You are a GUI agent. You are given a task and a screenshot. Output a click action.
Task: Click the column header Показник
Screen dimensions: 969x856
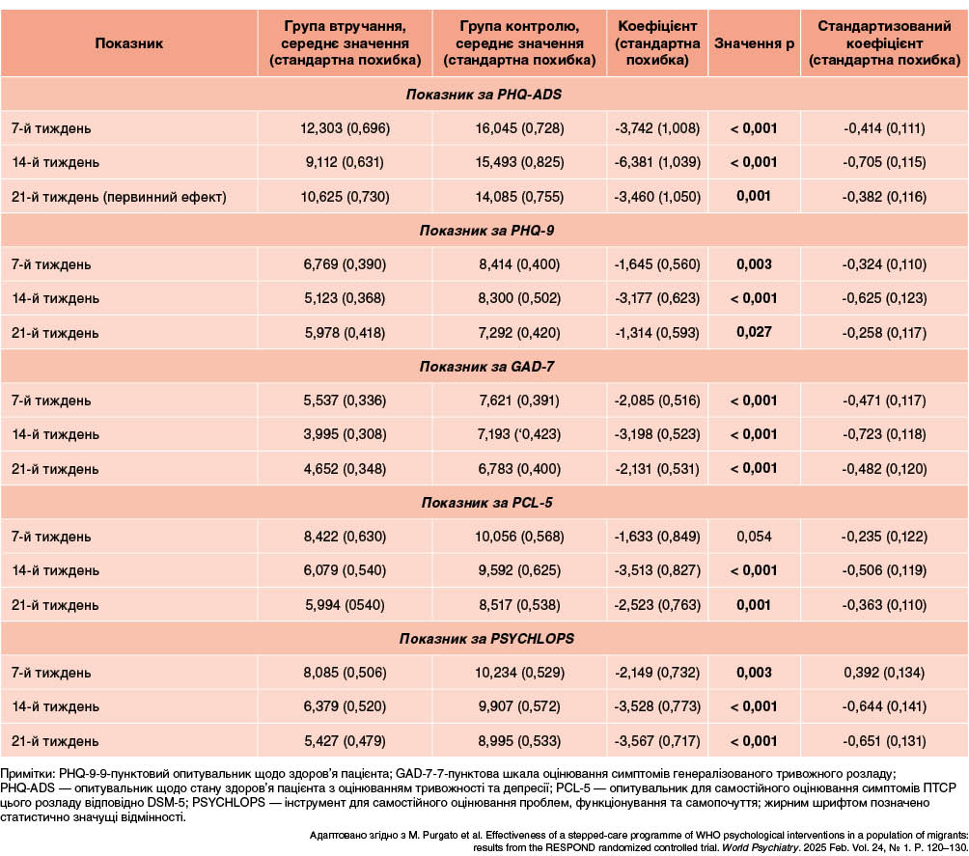pyautogui.click(x=128, y=43)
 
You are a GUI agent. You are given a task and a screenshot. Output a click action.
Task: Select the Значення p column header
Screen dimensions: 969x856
pyautogui.click(x=754, y=43)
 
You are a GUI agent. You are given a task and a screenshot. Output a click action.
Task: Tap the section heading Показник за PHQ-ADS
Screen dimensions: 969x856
pyautogui.click(x=484, y=95)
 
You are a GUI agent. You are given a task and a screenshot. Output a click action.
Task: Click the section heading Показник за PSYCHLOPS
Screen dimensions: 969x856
pyautogui.click(x=486, y=639)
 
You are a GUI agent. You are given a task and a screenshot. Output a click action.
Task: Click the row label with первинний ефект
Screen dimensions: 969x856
pyautogui.click(x=119, y=197)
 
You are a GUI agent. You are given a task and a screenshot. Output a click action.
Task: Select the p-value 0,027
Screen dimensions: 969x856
pyautogui.click(x=754, y=333)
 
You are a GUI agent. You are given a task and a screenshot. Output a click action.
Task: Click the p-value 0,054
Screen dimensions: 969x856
pyautogui.click(x=754, y=537)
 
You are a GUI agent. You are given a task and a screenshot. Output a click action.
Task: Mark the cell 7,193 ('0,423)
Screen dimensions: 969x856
pyautogui.click(x=519, y=434)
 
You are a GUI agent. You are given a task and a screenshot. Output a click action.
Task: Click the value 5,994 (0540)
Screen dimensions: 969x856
pyautogui.click(x=345, y=604)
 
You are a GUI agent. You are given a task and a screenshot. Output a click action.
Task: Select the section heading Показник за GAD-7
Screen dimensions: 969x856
pyautogui.click(x=486, y=367)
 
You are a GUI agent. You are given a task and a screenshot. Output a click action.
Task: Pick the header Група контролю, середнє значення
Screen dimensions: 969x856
pyautogui.click(x=519, y=36)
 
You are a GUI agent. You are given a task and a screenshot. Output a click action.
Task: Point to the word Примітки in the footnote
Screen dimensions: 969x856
pyautogui.click(x=28, y=774)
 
